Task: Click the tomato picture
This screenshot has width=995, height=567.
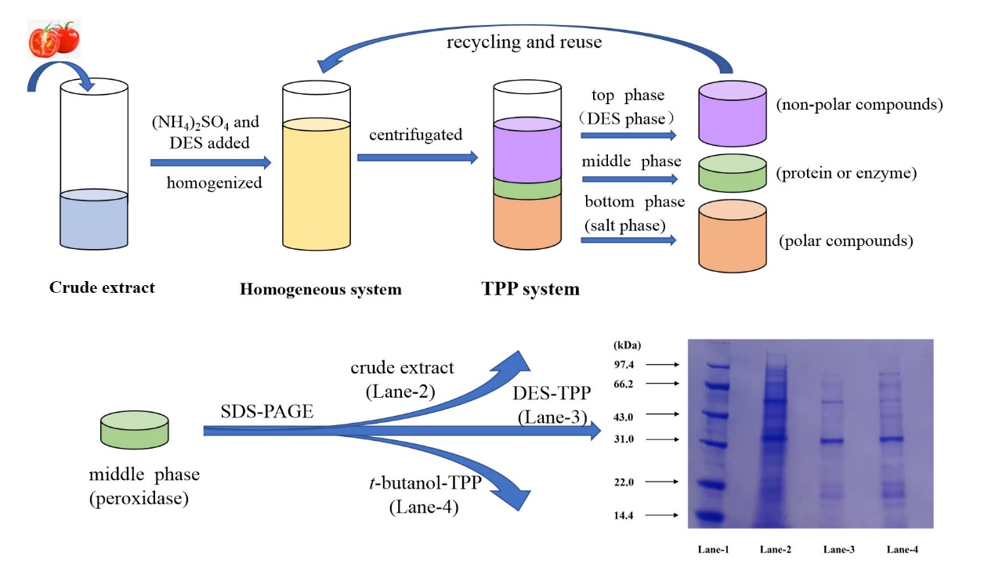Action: (54, 39)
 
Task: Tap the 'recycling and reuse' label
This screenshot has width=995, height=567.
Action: (524, 42)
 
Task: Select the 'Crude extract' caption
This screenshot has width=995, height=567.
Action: (102, 287)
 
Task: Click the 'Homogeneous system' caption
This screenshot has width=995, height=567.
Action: (320, 290)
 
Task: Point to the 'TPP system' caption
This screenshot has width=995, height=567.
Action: (530, 289)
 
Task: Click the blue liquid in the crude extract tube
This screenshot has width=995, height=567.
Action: (94, 223)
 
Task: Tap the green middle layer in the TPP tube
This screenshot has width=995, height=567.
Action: (527, 188)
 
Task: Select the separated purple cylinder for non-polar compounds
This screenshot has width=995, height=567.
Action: (731, 114)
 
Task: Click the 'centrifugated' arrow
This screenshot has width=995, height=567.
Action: (417, 157)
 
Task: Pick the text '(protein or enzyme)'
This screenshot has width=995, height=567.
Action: (846, 173)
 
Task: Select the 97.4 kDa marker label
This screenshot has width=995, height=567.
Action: (625, 365)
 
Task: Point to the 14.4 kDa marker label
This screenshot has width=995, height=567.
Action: (625, 515)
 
